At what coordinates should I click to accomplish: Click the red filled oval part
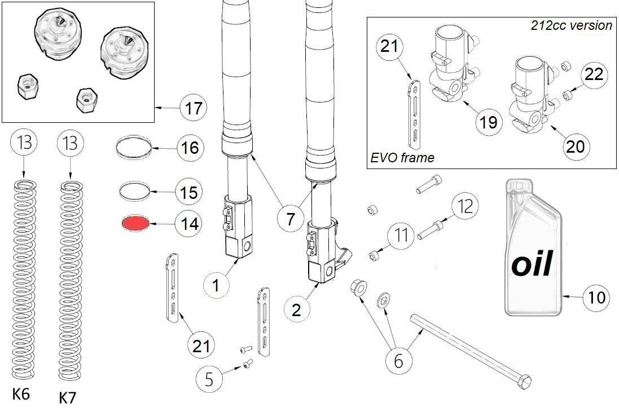(x=135, y=223)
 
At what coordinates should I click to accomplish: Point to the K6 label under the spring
(x=21, y=394)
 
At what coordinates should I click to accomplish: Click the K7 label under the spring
(x=68, y=397)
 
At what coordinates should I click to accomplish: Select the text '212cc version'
(x=571, y=25)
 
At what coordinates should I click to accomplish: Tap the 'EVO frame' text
(x=402, y=158)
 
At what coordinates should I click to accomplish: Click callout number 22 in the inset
(x=594, y=75)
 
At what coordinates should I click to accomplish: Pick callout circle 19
(x=488, y=121)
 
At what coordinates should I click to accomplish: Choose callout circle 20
(x=576, y=146)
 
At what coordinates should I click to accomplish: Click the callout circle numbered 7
(x=290, y=218)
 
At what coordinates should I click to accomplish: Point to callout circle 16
(x=187, y=148)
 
